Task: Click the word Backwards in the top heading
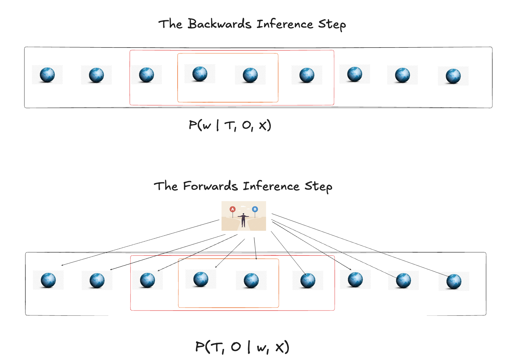tap(220, 24)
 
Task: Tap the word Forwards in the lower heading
tap(210, 186)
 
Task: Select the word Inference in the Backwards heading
tap(285, 24)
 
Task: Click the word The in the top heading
tap(170, 24)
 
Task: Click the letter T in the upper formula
tap(230, 125)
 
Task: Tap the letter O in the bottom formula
tap(236, 347)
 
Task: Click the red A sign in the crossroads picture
tap(232, 209)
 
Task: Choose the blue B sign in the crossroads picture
tap(255, 209)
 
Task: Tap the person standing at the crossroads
tap(243, 220)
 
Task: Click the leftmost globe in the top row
tap(47, 75)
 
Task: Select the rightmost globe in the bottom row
tap(454, 282)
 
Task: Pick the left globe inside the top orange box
tap(200, 74)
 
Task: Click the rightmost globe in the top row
tap(453, 76)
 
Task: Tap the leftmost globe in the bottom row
tap(48, 280)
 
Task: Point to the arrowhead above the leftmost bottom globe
tap(62, 265)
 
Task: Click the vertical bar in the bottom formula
tap(249, 347)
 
